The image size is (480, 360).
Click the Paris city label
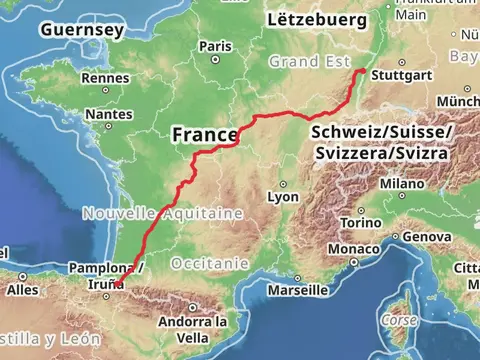click(x=215, y=46)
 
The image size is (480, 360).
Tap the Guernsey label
click(x=82, y=30)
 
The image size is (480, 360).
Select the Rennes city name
click(x=105, y=78)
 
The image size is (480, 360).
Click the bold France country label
click(x=205, y=134)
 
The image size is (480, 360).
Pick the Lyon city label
click(x=283, y=198)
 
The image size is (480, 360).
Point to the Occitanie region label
click(x=206, y=263)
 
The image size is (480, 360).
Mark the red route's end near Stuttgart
click(x=363, y=71)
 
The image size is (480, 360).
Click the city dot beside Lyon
click(x=283, y=184)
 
